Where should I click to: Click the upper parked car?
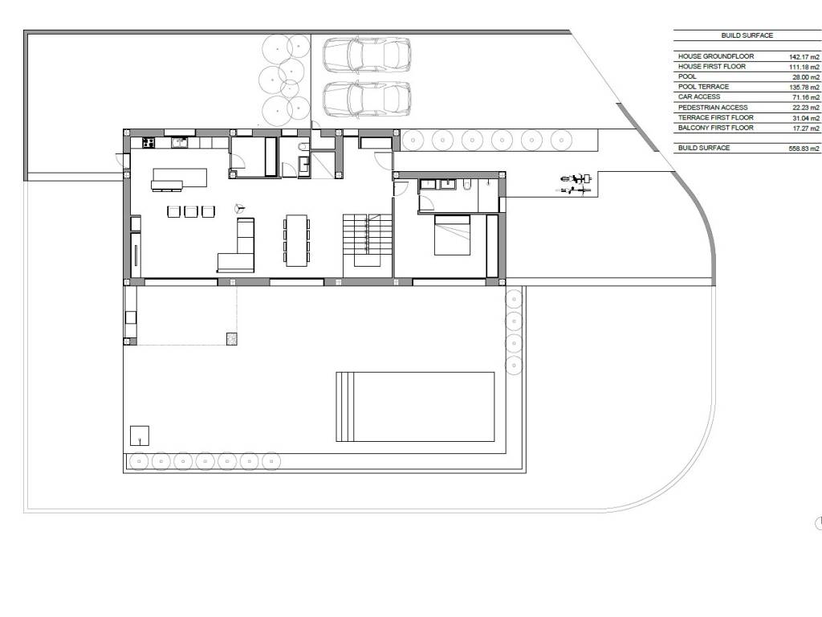tap(366, 54)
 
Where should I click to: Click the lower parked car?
tap(366, 99)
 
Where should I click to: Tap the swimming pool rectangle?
tap(415, 407)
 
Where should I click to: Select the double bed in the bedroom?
tap(453, 235)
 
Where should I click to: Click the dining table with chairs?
tap(297, 239)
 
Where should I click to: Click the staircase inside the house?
tap(368, 239)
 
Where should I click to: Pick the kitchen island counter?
tap(179, 179)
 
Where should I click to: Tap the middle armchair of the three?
tap(190, 211)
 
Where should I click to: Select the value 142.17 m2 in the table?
tap(804, 57)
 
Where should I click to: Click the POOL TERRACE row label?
tap(703, 87)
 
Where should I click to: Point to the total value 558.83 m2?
tap(804, 149)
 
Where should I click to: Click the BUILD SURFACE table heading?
tap(747, 35)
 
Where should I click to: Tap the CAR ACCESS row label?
tap(699, 96)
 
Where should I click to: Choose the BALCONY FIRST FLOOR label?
tap(715, 128)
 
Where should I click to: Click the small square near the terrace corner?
tap(140, 435)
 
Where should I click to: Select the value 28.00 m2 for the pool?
tap(806, 77)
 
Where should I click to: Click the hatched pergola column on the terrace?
tap(232, 339)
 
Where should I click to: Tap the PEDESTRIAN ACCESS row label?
tap(713, 107)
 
